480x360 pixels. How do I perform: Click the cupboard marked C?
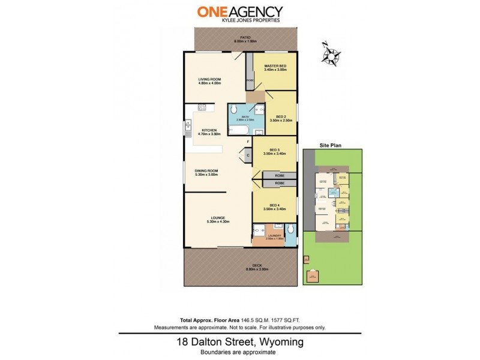[248, 155]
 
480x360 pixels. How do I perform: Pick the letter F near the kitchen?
[248, 142]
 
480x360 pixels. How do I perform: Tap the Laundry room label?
[274, 235]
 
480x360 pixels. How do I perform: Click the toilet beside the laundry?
[290, 229]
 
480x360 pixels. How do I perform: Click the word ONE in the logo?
[212, 11]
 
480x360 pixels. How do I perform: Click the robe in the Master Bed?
[249, 80]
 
